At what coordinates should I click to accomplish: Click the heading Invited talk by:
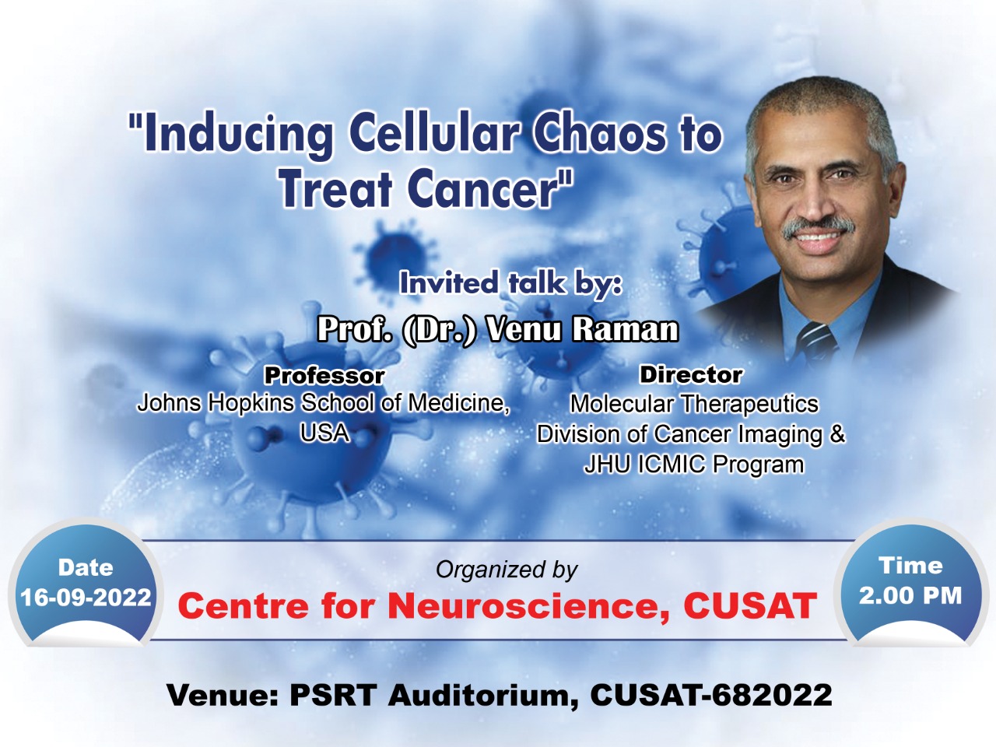coord(510,283)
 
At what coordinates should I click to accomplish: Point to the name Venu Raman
coord(583,329)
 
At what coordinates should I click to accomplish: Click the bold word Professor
coord(324,376)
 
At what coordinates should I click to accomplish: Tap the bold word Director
coord(691,374)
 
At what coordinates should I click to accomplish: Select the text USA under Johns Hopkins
coord(324,433)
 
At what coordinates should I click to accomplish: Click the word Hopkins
coord(251,403)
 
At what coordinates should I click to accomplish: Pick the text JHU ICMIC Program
coord(693,465)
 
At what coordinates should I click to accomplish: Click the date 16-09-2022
coord(86,598)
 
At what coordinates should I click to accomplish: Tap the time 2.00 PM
coord(910,595)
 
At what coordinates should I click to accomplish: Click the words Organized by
coord(507,570)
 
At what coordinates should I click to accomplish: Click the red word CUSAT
coord(749,605)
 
